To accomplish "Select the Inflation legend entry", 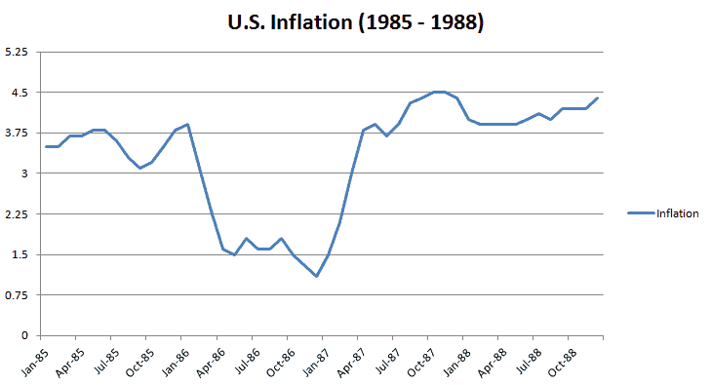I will (x=677, y=213).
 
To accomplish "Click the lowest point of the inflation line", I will (x=316, y=276).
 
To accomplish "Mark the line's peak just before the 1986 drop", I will (x=187, y=125).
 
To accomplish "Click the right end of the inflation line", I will (x=598, y=98).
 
